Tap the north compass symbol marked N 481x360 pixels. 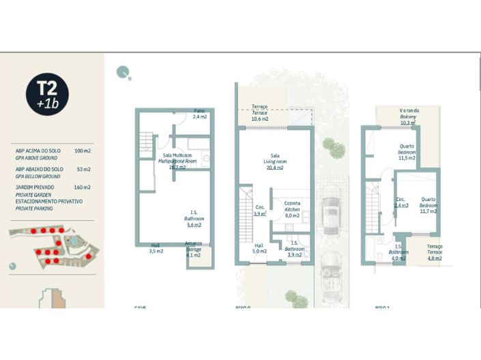[123, 72]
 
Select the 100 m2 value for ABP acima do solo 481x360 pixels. [83, 151]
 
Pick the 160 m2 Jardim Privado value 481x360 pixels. [83, 187]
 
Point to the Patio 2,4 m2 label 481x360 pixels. [199, 114]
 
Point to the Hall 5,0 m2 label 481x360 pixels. [259, 247]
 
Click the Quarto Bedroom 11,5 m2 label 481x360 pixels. [407, 152]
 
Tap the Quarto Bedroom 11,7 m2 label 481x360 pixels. [428, 205]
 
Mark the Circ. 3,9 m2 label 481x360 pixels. [260, 210]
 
